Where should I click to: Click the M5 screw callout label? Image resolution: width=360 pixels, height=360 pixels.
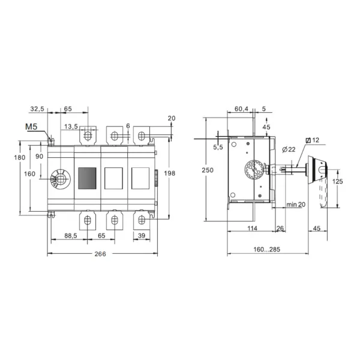point(31,127)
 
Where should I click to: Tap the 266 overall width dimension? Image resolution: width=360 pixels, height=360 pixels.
point(100,254)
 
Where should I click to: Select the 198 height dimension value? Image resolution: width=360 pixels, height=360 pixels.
point(169,173)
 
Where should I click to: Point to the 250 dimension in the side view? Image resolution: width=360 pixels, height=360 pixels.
point(208,170)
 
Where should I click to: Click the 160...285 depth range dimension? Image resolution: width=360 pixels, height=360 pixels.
point(267,250)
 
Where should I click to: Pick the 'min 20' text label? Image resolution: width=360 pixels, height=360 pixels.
point(296,205)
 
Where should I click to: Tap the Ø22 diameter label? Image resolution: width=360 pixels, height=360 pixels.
point(289,149)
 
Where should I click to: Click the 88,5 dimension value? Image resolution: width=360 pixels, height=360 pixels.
point(71,236)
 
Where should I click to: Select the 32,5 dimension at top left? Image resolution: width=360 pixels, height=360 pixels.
point(37,109)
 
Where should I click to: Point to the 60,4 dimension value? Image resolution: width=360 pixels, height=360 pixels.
point(241,109)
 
